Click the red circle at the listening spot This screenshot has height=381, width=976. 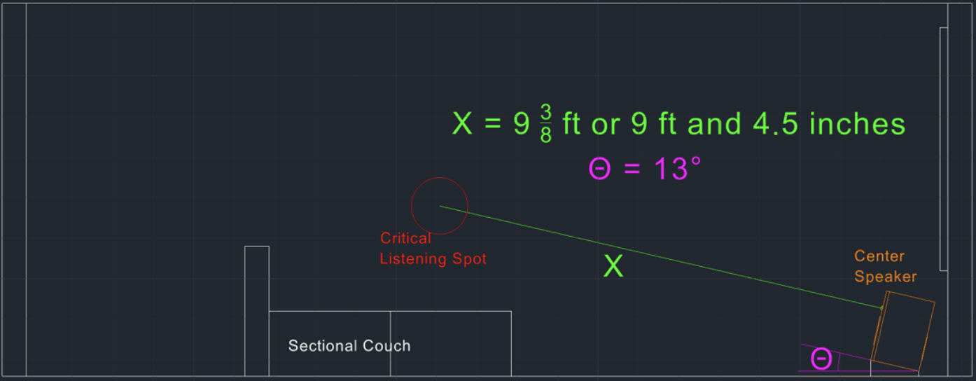(439, 206)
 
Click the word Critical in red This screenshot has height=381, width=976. (405, 238)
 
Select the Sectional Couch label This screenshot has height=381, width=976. (349, 345)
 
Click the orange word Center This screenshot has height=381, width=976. (879, 256)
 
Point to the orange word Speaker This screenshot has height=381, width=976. (885, 277)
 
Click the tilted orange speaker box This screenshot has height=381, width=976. (904, 329)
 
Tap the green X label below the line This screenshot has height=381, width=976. (613, 267)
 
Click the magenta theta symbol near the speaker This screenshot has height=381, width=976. (821, 359)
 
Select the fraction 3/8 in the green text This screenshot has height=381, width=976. (545, 124)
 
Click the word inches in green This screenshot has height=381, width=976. (857, 124)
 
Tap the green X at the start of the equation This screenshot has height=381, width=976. (463, 124)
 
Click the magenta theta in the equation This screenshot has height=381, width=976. (599, 169)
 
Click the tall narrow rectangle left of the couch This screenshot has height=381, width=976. (257, 311)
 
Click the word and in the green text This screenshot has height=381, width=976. (714, 124)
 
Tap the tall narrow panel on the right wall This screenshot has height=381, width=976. (944, 148)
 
